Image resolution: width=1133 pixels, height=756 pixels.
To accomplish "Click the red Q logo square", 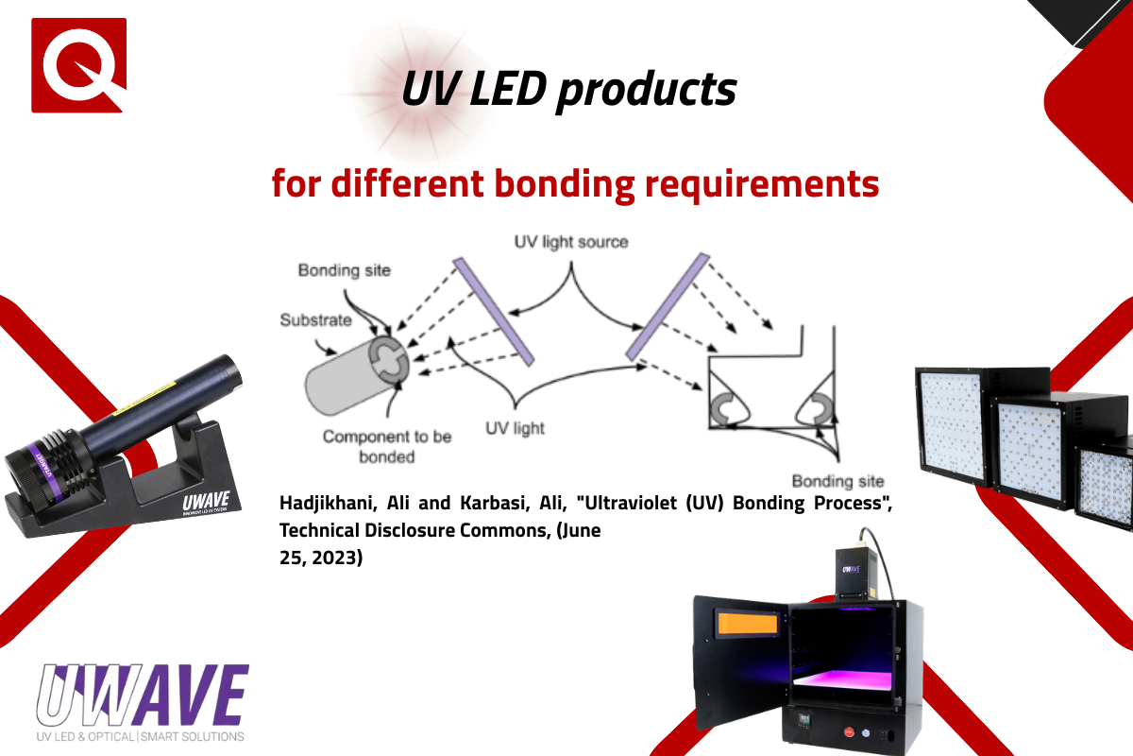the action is [79, 65].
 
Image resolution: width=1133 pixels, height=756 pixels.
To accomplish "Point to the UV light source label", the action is [571, 242].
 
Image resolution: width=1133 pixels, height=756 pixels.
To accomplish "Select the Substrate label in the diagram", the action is [315, 320].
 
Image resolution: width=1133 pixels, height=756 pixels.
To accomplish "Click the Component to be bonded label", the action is [387, 446].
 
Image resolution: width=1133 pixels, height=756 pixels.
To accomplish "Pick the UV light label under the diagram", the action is [515, 428].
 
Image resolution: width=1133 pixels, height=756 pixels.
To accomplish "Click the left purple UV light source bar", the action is [493, 312].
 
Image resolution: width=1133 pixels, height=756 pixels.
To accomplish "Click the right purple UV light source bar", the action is [668, 307].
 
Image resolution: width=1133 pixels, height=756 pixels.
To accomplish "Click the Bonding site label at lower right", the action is [837, 481].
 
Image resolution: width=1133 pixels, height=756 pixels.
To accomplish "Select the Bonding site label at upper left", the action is [345, 270].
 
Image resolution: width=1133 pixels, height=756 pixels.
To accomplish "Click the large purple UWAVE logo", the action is [143, 696].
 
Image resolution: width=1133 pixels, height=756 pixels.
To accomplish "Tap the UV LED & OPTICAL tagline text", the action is [85, 737].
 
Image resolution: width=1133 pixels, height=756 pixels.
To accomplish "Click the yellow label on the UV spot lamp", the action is [144, 399].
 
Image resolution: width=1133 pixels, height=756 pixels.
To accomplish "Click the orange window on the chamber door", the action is [748, 624].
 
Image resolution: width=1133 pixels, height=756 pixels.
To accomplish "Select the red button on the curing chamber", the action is [849, 731].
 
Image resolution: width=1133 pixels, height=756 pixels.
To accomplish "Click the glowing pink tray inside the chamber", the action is [842, 679].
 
